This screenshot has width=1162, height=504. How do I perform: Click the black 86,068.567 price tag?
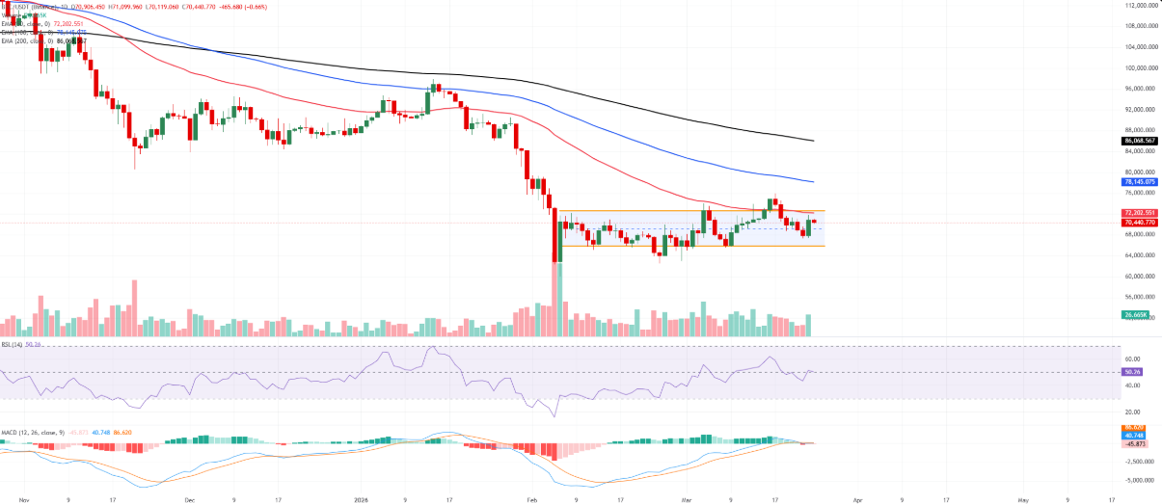(x=1139, y=141)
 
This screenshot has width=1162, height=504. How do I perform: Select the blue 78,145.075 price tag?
(x=1139, y=181)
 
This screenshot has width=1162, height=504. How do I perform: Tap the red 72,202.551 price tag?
(x=1139, y=212)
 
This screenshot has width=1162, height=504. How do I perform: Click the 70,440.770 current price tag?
(x=1139, y=222)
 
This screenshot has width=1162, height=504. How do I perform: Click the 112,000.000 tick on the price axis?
(x=1140, y=6)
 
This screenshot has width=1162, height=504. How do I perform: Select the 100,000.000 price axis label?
(x=1140, y=67)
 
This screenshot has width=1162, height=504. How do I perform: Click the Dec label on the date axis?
(x=189, y=500)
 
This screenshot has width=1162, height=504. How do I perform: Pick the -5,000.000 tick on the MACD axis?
(x=1140, y=479)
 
